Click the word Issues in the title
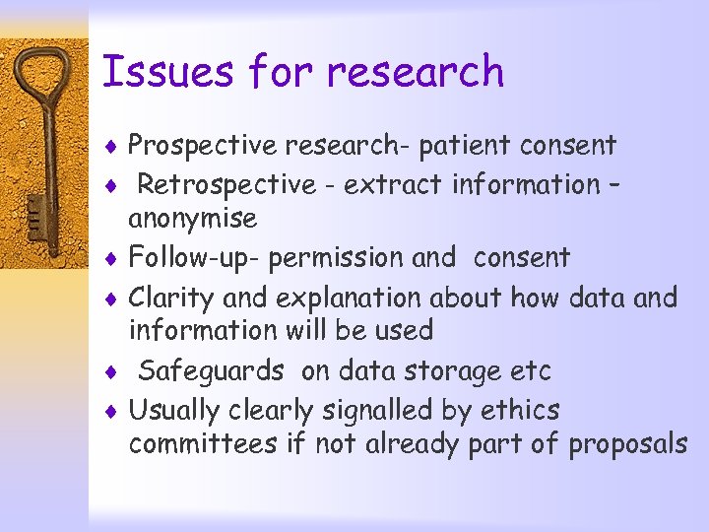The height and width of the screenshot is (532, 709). [167, 72]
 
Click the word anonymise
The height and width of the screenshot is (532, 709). [193, 219]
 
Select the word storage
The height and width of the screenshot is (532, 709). [449, 371]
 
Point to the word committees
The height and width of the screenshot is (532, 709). [203, 444]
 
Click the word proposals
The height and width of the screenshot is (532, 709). [627, 445]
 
